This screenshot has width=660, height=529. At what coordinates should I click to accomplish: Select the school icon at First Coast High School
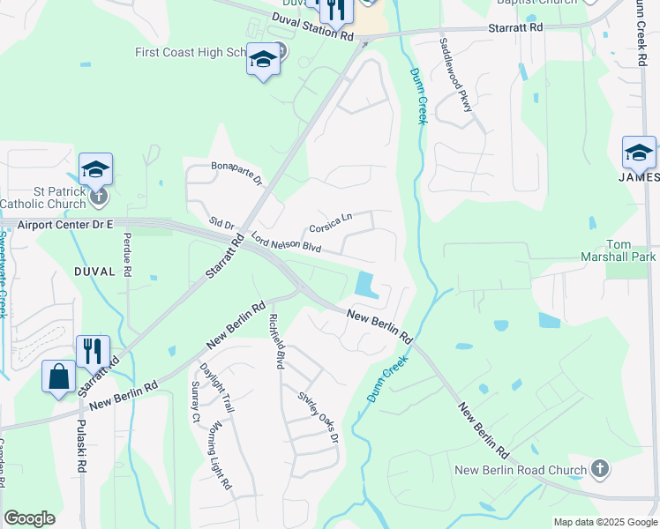[263, 60]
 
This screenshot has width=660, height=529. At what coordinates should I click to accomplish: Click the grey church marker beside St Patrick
[99, 196]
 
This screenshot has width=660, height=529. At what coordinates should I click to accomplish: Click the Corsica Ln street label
[330, 223]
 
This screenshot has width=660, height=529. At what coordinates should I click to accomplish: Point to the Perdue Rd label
[127, 254]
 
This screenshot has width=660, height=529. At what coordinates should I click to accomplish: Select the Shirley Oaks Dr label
[318, 416]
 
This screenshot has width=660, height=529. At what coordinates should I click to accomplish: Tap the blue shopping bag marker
[58, 376]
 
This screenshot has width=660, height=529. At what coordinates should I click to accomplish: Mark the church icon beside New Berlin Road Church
[600, 468]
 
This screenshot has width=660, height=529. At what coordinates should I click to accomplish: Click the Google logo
[29, 518]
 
